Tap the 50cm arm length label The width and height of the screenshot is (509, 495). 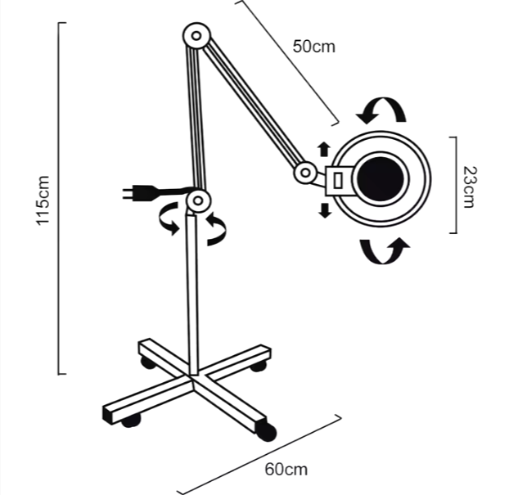tap(313, 46)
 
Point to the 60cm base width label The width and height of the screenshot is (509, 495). tap(286, 470)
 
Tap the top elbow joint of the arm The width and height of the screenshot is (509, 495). tap(197, 36)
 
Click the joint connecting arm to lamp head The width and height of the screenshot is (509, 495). tap(306, 173)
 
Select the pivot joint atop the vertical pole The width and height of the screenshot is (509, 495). tap(197, 200)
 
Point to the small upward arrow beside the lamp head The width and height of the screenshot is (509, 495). tap(324, 148)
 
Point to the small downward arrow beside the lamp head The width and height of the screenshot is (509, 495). tap(325, 210)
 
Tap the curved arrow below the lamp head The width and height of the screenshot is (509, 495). tap(385, 250)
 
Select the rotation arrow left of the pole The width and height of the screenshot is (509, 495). tap(169, 218)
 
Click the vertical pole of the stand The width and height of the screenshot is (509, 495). tap(192, 295)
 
